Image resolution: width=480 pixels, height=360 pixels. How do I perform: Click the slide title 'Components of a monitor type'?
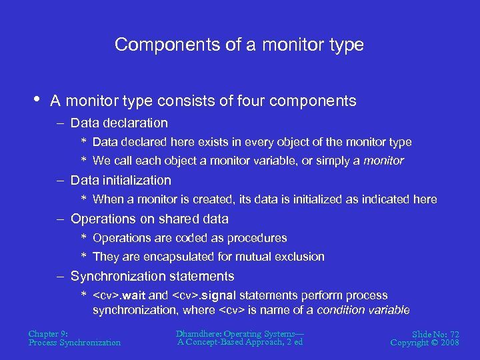(239, 45)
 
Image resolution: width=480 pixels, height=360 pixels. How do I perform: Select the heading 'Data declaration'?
(119, 123)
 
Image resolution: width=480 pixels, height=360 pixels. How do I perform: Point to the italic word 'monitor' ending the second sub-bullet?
(383, 161)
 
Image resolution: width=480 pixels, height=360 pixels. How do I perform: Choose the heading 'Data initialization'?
(121, 181)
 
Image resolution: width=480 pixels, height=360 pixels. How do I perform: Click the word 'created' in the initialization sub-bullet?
(221, 199)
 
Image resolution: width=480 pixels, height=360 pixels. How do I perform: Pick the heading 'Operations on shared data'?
(149, 219)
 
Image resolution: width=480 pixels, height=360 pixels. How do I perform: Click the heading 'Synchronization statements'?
(152, 277)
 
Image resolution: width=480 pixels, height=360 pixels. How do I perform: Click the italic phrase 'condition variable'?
(363, 310)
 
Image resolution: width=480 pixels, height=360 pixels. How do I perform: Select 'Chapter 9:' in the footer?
(49, 333)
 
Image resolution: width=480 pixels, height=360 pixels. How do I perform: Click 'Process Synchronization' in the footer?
(75, 343)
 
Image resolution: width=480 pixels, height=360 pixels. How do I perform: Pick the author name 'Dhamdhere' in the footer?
(199, 333)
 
